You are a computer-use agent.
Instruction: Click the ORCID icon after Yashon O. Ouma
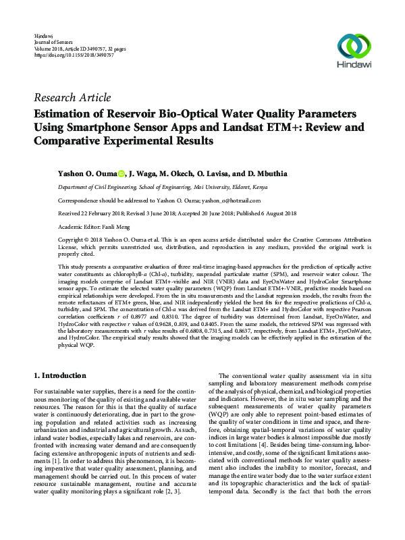click(122, 174)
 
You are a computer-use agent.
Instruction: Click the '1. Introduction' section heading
click(69, 375)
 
